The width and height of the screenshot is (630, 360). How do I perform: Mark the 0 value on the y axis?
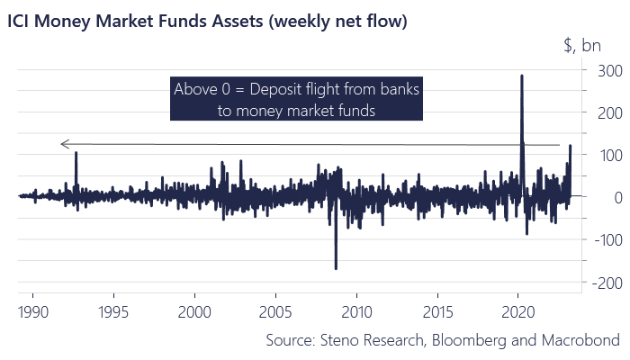pyautogui.click(x=607, y=197)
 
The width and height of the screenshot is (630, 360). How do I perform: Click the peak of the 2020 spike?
pyautogui.click(x=522, y=76)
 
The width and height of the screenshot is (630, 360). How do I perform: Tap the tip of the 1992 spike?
pyautogui.click(x=76, y=152)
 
